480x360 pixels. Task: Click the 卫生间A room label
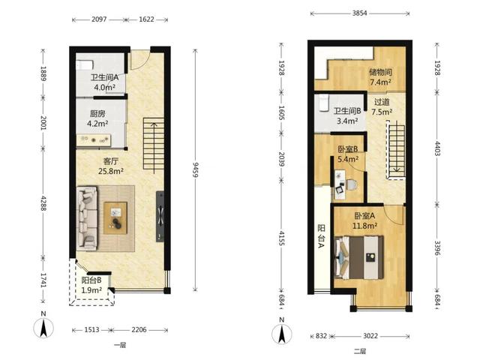click(x=104, y=77)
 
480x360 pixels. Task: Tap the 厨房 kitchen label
click(x=97, y=114)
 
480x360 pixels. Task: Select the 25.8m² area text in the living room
click(x=111, y=171)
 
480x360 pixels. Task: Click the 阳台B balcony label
click(x=91, y=280)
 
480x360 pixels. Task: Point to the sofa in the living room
click(x=87, y=218)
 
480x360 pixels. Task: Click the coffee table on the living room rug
click(x=115, y=218)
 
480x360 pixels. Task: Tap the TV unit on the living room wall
click(x=160, y=217)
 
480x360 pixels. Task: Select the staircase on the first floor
click(x=154, y=145)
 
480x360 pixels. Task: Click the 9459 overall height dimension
click(x=196, y=170)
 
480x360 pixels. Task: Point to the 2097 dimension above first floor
click(x=99, y=19)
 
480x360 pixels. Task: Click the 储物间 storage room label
click(x=380, y=72)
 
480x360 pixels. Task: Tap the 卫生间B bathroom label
click(x=347, y=111)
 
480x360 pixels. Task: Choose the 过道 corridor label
click(x=382, y=102)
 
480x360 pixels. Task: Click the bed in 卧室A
click(x=359, y=257)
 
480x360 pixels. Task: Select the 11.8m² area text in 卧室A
click(x=364, y=226)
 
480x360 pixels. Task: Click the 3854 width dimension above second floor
click(x=360, y=13)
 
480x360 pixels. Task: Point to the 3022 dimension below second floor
click(x=370, y=336)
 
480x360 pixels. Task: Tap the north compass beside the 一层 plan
click(x=43, y=328)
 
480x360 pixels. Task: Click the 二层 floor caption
click(x=360, y=351)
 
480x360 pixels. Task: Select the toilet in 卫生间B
click(x=322, y=103)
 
